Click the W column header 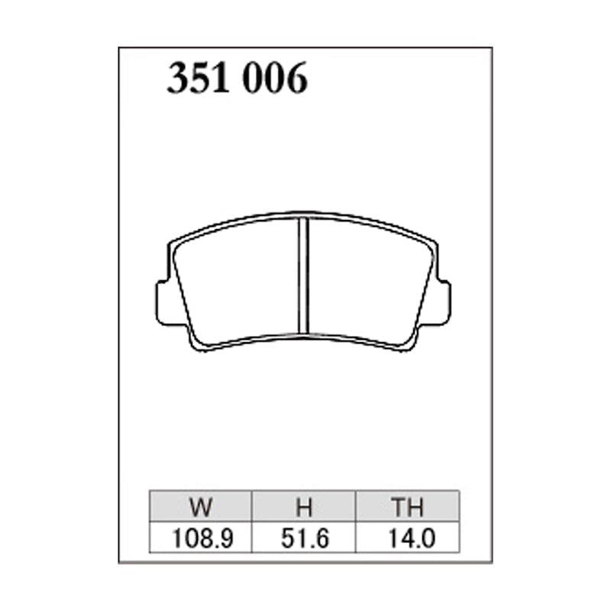coord(201,507)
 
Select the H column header coord(304,507)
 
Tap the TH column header coord(408,507)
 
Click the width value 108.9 coord(202,538)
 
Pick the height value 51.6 coord(305,538)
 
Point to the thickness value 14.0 coord(411,538)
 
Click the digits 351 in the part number coord(198,78)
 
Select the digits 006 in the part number coord(275,78)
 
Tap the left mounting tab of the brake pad coord(162,302)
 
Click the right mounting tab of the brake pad coord(445,302)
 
